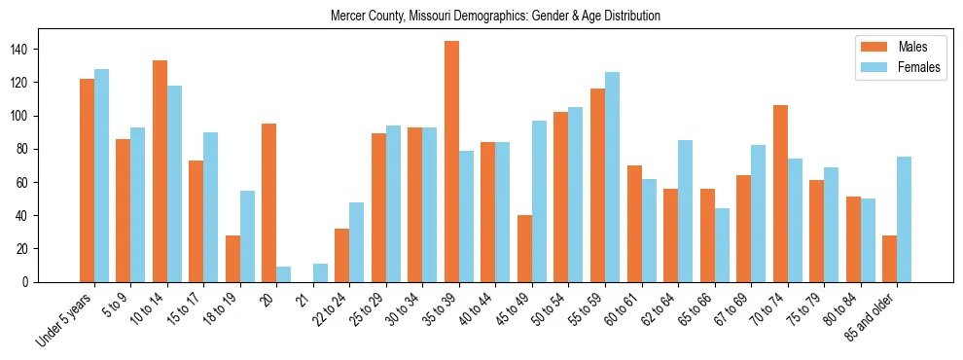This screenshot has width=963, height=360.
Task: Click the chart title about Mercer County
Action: pos(495,16)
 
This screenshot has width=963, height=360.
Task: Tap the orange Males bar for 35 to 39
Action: pos(451,162)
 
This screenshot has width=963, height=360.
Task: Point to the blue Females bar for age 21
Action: pos(320,272)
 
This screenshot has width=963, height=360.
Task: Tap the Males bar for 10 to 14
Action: pos(160,171)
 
